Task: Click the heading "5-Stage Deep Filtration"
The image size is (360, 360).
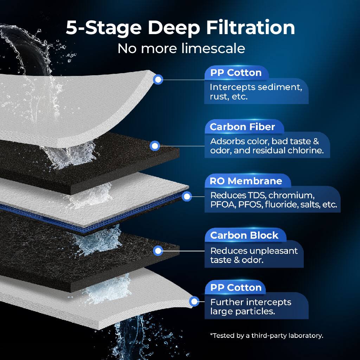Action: [180, 28]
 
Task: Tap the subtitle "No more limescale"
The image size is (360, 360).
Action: [181, 48]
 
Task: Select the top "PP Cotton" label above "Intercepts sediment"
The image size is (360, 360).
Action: [236, 73]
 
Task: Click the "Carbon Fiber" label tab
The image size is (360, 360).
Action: [242, 127]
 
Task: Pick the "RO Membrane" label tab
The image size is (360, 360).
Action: [246, 181]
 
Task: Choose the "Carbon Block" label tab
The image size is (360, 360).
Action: [244, 235]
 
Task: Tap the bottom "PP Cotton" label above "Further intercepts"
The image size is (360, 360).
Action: [236, 287]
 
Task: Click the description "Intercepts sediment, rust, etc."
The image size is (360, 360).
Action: [256, 92]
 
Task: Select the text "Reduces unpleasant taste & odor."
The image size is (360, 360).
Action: [253, 256]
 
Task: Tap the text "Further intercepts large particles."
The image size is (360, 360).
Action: [251, 307]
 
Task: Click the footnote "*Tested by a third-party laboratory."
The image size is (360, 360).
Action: [266, 335]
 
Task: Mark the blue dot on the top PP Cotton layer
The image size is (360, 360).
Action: [158, 79]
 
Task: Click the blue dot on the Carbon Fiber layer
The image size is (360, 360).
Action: [155, 146]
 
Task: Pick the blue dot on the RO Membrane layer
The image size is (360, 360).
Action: [187, 197]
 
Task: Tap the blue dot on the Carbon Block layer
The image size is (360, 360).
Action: [158, 251]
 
